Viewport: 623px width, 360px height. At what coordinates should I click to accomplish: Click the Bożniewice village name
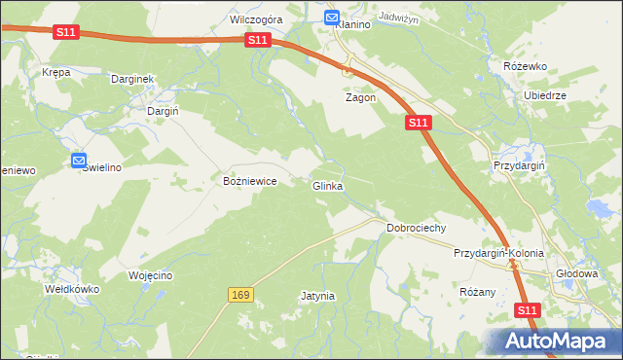251,181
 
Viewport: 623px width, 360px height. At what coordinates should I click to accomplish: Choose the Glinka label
327,186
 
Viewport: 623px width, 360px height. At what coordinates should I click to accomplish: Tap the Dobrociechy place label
416,228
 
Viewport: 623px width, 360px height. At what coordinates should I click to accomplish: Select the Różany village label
477,291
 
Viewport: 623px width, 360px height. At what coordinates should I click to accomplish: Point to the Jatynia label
317,295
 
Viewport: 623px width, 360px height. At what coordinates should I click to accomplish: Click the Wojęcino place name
150,275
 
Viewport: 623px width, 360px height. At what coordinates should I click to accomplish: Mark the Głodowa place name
575,273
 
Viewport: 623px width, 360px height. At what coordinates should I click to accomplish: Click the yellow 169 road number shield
241,294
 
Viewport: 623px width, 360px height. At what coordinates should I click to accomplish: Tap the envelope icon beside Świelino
79,161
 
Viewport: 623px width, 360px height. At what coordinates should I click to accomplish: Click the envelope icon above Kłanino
331,18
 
